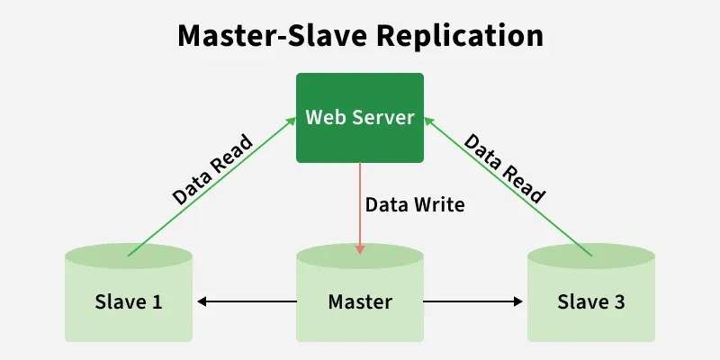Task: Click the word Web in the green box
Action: coord(323,117)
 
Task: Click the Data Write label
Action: coord(415,204)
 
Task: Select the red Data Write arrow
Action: coord(360,207)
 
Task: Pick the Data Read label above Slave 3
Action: coord(505,168)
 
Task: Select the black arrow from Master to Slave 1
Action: coord(247,301)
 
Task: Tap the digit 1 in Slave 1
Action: coord(157,301)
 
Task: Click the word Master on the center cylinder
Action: coord(360,301)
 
